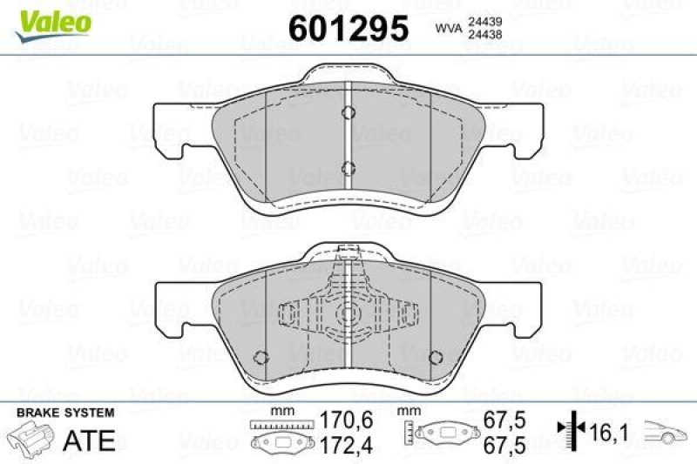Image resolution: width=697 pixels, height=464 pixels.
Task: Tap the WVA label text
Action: click(x=447, y=29)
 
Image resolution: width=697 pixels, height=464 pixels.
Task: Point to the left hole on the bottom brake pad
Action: click(x=259, y=355)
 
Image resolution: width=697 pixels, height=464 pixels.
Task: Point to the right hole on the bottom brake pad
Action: click(x=436, y=355)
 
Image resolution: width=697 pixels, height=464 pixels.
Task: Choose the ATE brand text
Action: click(x=91, y=440)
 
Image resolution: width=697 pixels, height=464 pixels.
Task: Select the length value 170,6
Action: click(x=347, y=420)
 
